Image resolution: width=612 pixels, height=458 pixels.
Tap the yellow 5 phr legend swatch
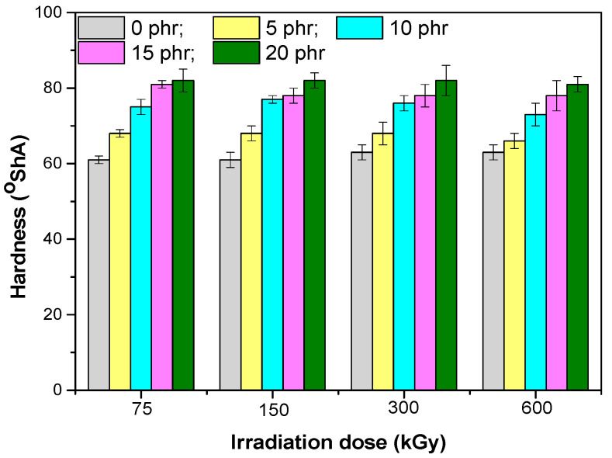click(235, 28)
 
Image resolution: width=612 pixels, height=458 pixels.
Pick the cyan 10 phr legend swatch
click(361, 28)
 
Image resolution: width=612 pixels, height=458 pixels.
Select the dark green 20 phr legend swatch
click(235, 53)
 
